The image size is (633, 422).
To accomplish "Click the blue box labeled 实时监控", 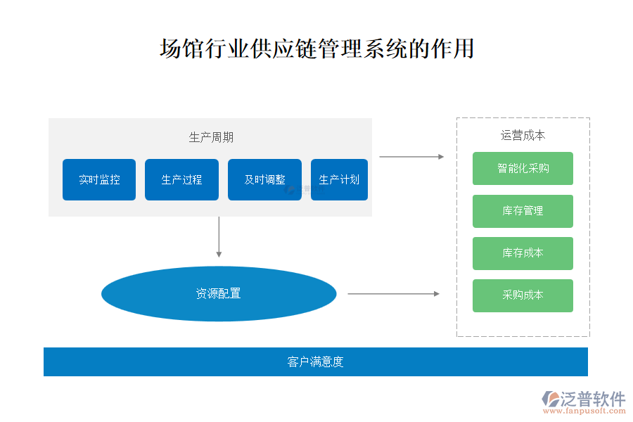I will coord(99,180).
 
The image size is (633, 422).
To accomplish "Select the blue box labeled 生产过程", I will coord(181,180).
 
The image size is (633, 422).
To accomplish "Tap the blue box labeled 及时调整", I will coord(264,180).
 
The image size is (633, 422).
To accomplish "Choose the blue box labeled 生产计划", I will coord(339,180).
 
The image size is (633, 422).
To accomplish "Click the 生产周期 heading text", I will coord(211,138).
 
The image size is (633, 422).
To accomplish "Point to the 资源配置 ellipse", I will coord(219,294).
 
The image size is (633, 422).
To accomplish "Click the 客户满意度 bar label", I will coord(315,362).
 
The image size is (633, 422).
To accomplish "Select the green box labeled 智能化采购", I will coord(523,169).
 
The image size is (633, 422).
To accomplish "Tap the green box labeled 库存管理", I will coord(523,211).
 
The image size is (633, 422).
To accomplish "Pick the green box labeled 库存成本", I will coord(523,253).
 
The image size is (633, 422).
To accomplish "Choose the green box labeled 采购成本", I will coord(523,295).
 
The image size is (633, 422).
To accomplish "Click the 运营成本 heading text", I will coord(523,136).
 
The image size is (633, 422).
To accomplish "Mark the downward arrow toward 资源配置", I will coord(219,237).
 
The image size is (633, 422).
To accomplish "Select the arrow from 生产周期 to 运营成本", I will coord(411,157).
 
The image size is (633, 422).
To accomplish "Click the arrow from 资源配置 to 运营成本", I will coord(393,294).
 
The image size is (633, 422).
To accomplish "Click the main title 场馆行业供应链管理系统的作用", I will coord(316,49).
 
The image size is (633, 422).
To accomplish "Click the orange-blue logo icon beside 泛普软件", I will coord(551,399).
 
